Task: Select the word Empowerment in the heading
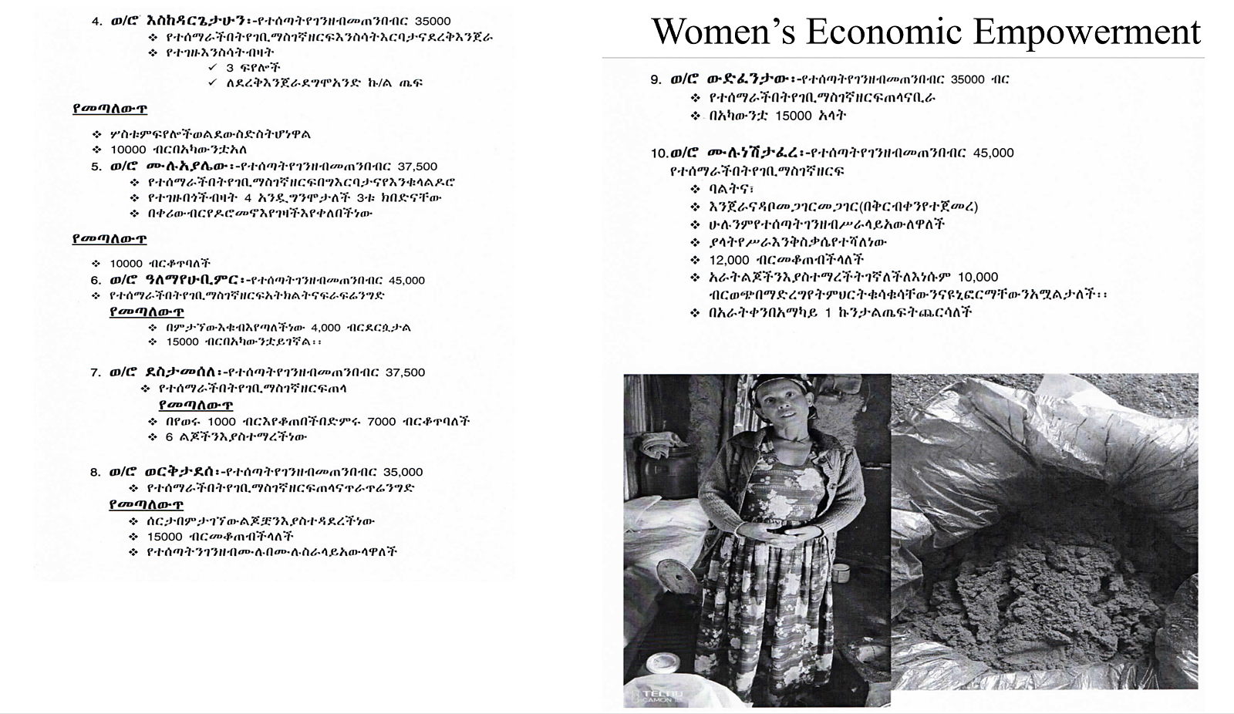(1081, 32)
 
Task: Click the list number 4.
(96, 21)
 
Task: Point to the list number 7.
(95, 372)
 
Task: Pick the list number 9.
(656, 79)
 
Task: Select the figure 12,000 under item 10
(729, 260)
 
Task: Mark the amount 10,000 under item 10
(978, 277)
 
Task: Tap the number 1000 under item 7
(222, 422)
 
